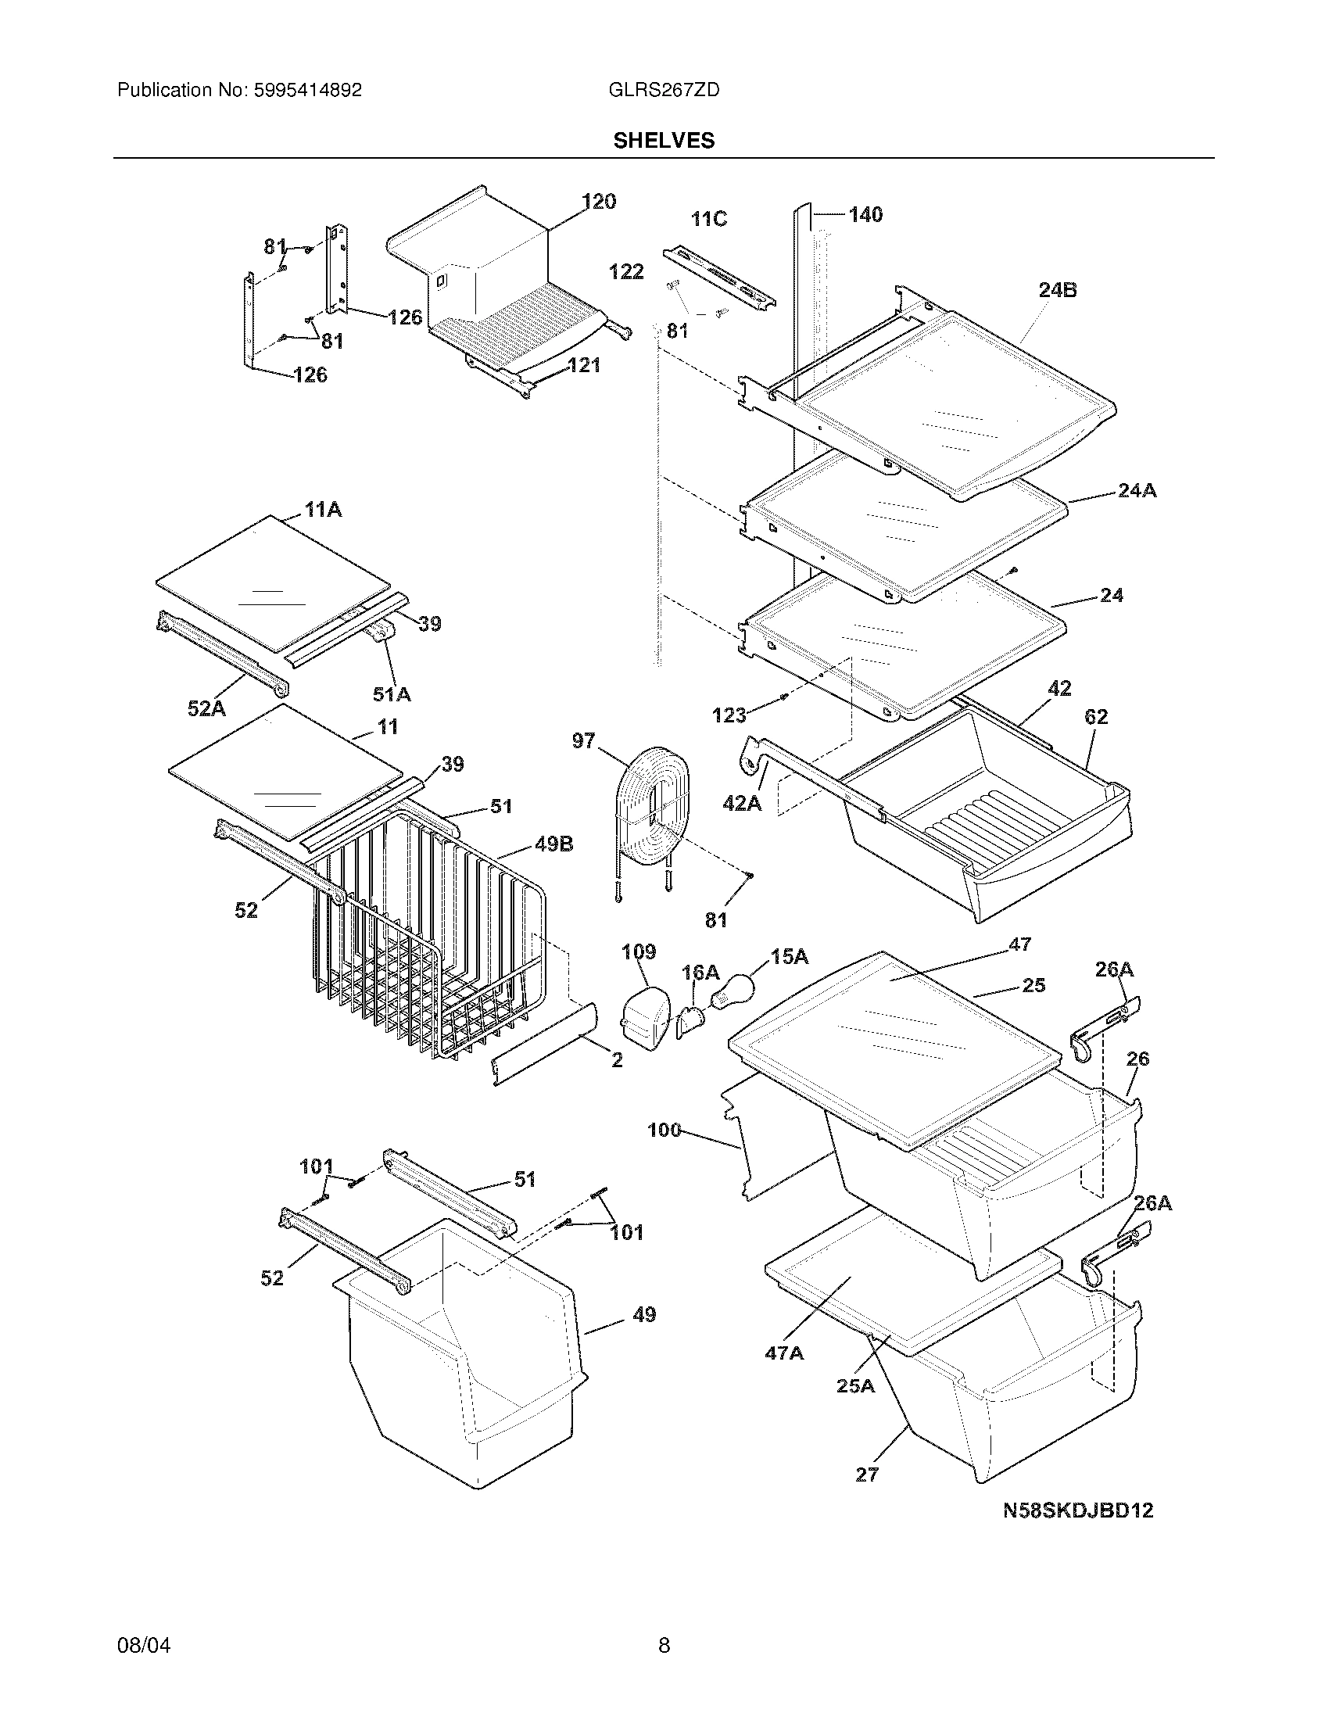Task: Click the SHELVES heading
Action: click(664, 140)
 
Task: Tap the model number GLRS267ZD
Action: click(664, 90)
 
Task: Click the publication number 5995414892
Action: click(308, 90)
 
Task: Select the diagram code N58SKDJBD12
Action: click(1078, 1510)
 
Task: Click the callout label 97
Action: click(583, 741)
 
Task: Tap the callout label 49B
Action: click(553, 844)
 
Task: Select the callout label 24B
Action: click(1058, 290)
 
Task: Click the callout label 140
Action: click(865, 214)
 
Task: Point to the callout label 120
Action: click(599, 202)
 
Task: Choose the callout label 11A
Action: click(323, 510)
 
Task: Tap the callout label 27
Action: click(866, 1475)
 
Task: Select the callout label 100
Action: click(664, 1131)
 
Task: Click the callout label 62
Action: click(1095, 717)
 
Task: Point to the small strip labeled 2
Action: click(543, 1045)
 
